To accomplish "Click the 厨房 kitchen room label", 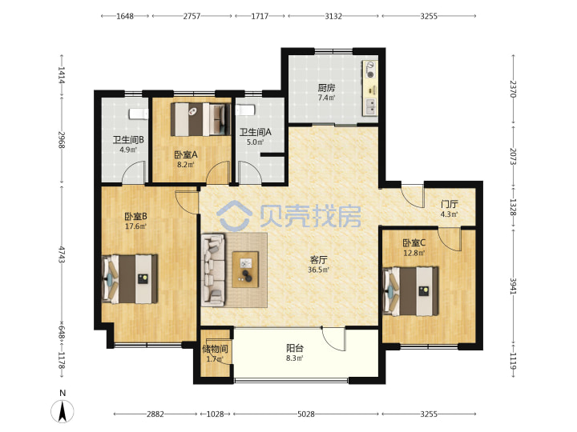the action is (x=326, y=88).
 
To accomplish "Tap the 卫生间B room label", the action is (x=128, y=140).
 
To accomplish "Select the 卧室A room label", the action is (x=186, y=155).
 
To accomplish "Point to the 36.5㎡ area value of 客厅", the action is (x=319, y=270).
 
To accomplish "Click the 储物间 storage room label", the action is (x=215, y=349).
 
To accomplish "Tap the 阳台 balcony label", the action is (x=295, y=348).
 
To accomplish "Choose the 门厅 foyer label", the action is (x=450, y=204).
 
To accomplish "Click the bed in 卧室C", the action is (x=410, y=291).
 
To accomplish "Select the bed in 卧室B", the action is (x=130, y=279).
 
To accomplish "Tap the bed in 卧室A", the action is (x=201, y=119).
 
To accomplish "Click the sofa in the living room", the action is (x=213, y=270).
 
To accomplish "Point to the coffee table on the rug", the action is (x=245, y=270).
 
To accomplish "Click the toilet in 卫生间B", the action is (x=139, y=114).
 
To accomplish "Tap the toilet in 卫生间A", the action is (x=245, y=110).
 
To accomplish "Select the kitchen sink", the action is (x=370, y=106).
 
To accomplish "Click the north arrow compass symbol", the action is (x=63, y=411).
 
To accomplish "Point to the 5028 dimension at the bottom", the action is (x=306, y=414).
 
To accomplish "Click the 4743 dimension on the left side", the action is (x=62, y=254).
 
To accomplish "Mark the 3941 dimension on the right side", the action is (x=514, y=286).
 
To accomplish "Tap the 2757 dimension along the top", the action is (x=192, y=16).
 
